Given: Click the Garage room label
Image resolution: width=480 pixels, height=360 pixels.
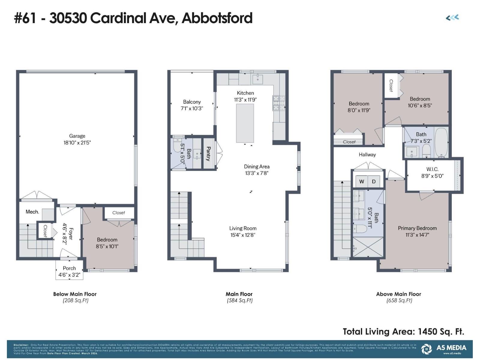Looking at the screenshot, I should click(x=77, y=136).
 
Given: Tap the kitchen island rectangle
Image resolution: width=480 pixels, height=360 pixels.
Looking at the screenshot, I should click(x=245, y=123).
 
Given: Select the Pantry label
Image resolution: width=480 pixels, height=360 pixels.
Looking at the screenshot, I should click(x=208, y=154).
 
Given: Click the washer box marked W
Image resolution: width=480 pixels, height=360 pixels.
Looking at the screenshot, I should click(x=362, y=181).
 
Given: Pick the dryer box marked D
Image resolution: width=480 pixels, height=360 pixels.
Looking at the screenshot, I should click(x=374, y=181).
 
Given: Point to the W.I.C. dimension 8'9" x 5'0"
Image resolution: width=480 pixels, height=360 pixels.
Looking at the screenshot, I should click(x=432, y=176).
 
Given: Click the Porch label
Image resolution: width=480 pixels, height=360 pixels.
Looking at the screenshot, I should click(x=69, y=268).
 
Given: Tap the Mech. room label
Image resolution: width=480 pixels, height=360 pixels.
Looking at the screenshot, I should click(x=32, y=212).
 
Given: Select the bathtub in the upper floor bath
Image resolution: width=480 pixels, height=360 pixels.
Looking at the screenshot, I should click(x=441, y=142).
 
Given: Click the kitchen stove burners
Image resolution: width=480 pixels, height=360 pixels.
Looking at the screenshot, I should click(x=279, y=103).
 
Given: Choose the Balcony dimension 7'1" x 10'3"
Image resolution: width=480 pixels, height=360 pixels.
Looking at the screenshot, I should click(x=192, y=109).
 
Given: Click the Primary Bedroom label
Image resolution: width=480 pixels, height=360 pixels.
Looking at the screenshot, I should click(x=417, y=228).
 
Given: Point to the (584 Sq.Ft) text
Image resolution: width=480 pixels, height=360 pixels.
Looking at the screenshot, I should click(x=239, y=300).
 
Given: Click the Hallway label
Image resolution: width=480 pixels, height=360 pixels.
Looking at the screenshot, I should click(x=367, y=154).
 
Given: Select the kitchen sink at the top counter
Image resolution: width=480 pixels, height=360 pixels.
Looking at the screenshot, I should click(x=258, y=79).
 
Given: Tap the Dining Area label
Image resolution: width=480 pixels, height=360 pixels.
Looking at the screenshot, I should click(x=256, y=166).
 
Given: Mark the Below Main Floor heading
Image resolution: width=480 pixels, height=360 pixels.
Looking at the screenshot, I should click(x=75, y=294).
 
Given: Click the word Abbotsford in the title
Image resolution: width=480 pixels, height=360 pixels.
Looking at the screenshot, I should click(x=217, y=18).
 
